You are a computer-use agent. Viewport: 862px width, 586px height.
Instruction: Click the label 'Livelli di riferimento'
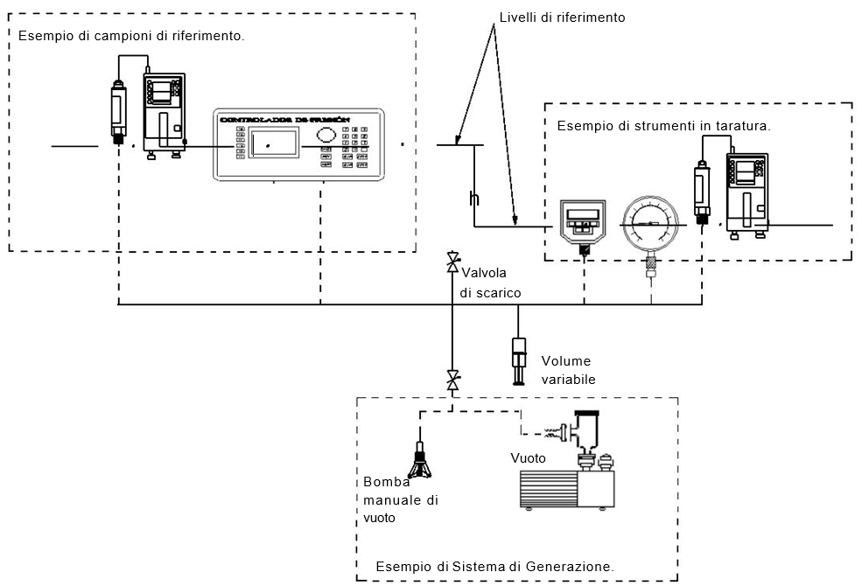click(x=562, y=17)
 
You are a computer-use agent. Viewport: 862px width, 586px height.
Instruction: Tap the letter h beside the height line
click(x=473, y=199)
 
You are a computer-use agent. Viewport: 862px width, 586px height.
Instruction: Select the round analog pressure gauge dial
click(x=649, y=224)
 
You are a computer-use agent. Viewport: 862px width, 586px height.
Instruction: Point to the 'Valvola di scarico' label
click(x=491, y=283)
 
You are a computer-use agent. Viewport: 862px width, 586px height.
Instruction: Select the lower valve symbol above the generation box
click(x=452, y=380)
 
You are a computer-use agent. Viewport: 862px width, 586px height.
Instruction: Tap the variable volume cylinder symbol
click(x=517, y=359)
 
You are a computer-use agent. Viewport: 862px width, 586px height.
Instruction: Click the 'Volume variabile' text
click(x=568, y=370)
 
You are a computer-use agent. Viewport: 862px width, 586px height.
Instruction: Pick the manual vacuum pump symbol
click(x=422, y=460)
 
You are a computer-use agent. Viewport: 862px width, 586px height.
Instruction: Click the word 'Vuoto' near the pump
click(x=529, y=458)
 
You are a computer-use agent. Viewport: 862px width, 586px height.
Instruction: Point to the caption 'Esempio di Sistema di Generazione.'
click(x=494, y=567)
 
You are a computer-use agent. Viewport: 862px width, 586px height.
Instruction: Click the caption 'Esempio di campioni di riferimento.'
click(x=130, y=37)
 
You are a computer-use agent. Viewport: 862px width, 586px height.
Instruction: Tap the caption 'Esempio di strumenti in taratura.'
click(x=663, y=126)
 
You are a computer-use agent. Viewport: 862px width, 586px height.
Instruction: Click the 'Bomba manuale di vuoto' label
click(x=400, y=500)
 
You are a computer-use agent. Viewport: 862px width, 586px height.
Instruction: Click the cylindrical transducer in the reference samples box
click(x=118, y=110)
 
